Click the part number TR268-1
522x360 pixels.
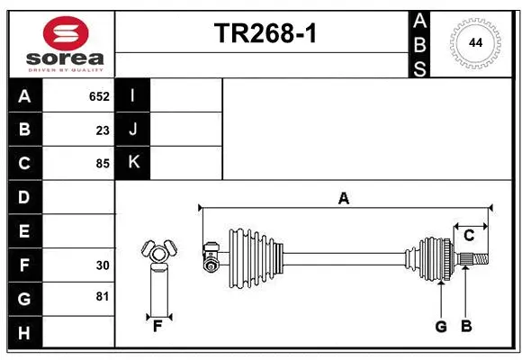(x=265, y=34)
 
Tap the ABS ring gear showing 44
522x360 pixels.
(x=473, y=41)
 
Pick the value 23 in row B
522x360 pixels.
(x=103, y=130)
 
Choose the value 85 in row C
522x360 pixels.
(x=103, y=164)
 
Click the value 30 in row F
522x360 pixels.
(x=103, y=265)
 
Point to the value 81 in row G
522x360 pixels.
(x=103, y=297)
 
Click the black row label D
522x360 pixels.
(x=24, y=197)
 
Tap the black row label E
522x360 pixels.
(x=24, y=231)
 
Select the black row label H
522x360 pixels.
(x=24, y=333)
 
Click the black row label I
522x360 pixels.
(x=133, y=96)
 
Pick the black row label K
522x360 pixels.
(x=133, y=163)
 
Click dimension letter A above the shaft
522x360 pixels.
(x=343, y=198)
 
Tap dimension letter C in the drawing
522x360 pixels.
(x=469, y=236)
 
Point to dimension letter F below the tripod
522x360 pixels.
(x=157, y=327)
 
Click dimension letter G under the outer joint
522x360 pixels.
(x=441, y=327)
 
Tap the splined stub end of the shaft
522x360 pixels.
(x=478, y=260)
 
